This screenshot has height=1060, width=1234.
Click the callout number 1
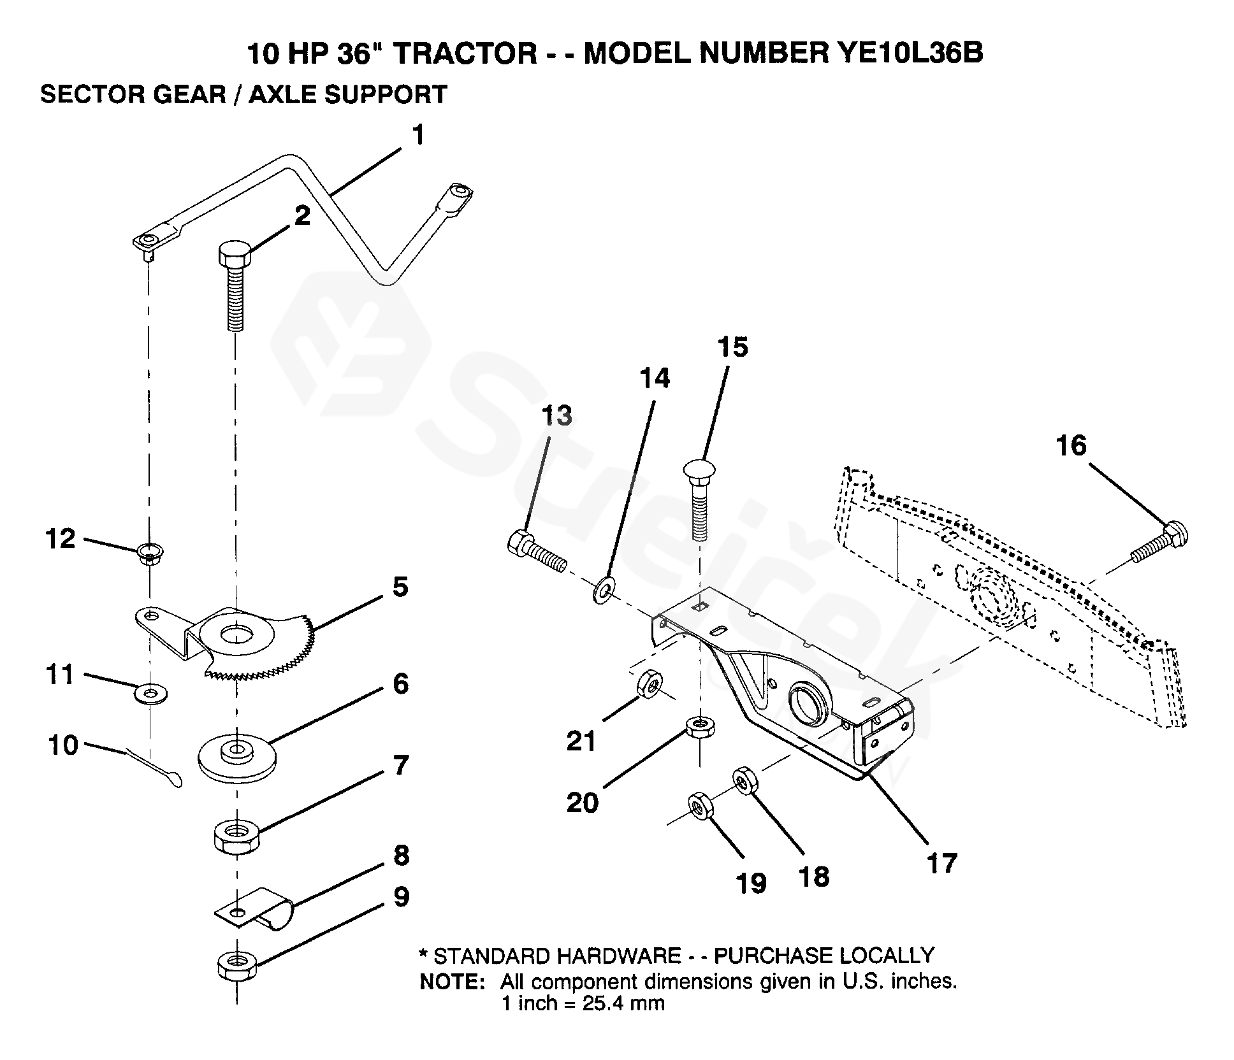(418, 136)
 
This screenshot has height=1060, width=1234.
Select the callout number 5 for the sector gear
(400, 587)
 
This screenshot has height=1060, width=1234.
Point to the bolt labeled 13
(537, 551)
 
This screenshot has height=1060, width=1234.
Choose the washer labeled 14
(602, 590)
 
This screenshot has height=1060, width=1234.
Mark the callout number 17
(941, 864)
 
